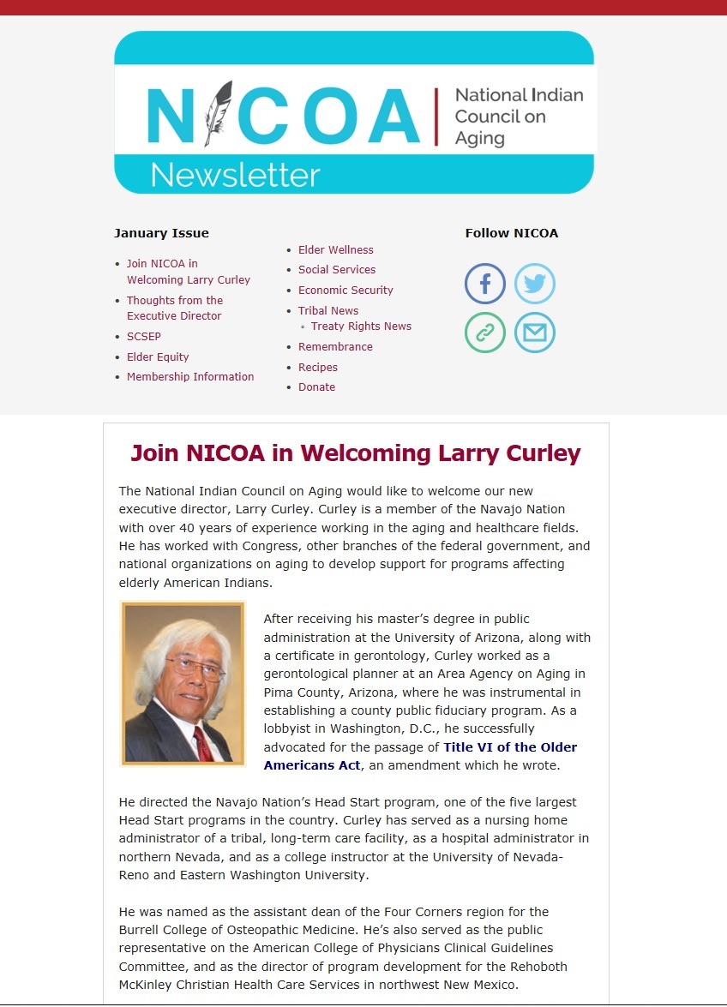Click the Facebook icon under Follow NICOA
click(x=485, y=284)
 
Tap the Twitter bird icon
click(x=535, y=284)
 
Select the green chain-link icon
click(x=485, y=333)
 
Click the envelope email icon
click(x=535, y=333)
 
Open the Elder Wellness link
click(x=335, y=250)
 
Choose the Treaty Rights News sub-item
click(x=361, y=327)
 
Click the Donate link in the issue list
click(x=316, y=387)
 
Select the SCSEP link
click(x=143, y=337)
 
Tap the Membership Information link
click(x=190, y=377)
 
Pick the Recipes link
click(x=317, y=368)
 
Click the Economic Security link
click(x=345, y=291)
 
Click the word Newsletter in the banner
click(x=235, y=175)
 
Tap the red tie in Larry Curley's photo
click(x=202, y=742)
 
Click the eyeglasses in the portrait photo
click(x=194, y=668)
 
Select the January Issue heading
click(x=161, y=233)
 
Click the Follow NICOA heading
click(x=511, y=233)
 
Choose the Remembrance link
click(x=335, y=347)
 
